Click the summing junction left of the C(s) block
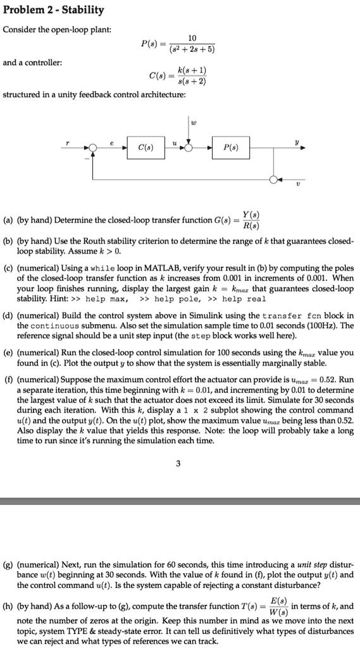coord(93,148)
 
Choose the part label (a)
coord(9,220)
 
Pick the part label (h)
coord(9,606)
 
